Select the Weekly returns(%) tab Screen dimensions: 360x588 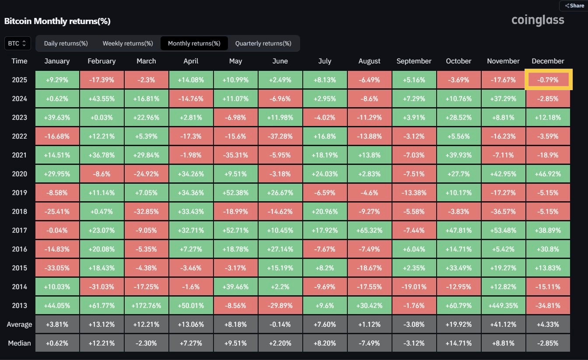pos(128,43)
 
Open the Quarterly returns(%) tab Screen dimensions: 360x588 pos(263,43)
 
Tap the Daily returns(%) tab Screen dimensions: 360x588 pos(66,43)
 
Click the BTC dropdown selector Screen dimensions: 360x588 pos(17,43)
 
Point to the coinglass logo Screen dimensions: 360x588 pos(538,20)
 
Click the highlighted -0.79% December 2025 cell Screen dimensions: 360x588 pos(548,80)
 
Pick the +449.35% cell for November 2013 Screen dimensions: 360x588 pos(503,306)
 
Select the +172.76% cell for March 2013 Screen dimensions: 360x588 pos(146,306)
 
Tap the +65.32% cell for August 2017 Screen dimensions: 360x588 pos(369,231)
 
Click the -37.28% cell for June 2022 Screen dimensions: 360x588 pos(280,136)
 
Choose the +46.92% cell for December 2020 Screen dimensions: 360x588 pos(548,174)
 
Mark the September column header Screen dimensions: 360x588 pos(414,61)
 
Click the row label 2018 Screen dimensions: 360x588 pos(19,212)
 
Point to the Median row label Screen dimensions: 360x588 pos(19,343)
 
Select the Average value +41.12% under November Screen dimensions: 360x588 pos(503,325)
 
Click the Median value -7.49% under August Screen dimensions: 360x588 pos(369,343)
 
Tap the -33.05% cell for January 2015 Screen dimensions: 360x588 pos(57,268)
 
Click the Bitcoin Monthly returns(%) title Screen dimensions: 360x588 pos(57,21)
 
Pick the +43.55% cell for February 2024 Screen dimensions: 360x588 pos(101,99)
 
